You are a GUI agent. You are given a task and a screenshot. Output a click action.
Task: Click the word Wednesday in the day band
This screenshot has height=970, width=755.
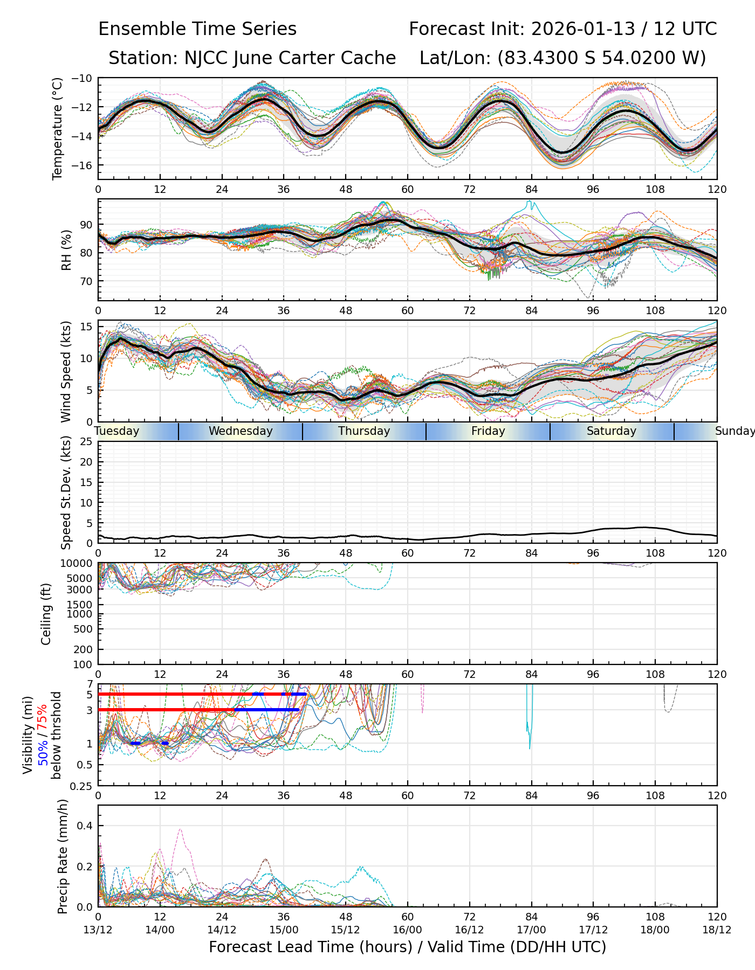click(x=241, y=431)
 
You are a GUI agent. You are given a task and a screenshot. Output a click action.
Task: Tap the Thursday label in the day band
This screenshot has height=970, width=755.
click(x=364, y=431)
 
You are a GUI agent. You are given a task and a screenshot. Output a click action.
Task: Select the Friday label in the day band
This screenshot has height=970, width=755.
click(x=488, y=431)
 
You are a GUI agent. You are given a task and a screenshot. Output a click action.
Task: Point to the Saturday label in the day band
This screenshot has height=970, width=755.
click(x=612, y=431)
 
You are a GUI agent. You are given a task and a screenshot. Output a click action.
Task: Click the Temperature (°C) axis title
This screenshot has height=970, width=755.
click(x=58, y=128)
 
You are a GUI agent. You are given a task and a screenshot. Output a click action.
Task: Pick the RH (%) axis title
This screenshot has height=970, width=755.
click(x=66, y=250)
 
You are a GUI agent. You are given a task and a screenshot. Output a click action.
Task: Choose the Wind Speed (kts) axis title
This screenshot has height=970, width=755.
click(x=66, y=371)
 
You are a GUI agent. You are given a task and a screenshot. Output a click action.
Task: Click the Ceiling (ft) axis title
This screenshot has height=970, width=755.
click(x=46, y=614)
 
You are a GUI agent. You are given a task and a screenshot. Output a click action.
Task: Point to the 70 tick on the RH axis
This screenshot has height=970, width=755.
click(x=86, y=281)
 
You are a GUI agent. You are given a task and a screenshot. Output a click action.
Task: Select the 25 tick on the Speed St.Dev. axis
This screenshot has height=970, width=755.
click(x=86, y=442)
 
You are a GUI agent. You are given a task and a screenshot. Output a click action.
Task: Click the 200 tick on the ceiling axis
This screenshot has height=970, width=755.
click(x=84, y=649)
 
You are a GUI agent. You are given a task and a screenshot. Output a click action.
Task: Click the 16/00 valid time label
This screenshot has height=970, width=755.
click(x=407, y=930)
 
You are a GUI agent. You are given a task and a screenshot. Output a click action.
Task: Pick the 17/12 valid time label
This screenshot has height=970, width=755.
click(x=593, y=930)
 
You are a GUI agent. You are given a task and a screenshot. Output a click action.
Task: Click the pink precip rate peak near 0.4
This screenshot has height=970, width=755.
click(x=180, y=830)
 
